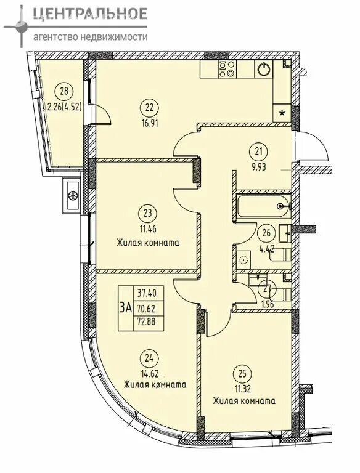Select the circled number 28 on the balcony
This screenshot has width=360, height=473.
pos(64,91)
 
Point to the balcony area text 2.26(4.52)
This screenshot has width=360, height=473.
pos(64,106)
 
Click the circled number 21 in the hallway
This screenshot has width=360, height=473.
pos(258,151)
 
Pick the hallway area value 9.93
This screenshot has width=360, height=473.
pos(258,167)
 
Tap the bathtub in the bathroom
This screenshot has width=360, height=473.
pos(263,206)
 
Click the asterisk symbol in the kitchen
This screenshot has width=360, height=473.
pos(282,113)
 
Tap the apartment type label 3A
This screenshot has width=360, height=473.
pos(126,308)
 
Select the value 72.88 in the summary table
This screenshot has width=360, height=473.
pos(147,321)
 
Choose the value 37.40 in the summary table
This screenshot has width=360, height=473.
pos(147,293)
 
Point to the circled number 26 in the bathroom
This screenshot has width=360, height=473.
pos(266,233)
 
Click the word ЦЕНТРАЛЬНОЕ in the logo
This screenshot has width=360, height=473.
pos(90,14)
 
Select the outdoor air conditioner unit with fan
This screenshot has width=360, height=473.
pos(72,195)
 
